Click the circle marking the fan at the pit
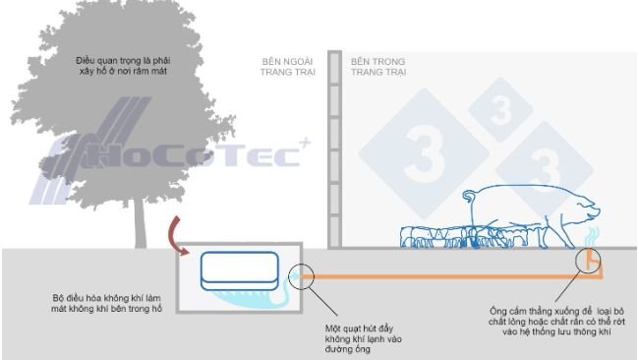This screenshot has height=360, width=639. click(302, 277)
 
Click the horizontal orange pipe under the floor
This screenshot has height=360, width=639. click(442, 278)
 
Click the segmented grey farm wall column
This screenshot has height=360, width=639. click(333, 148)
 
